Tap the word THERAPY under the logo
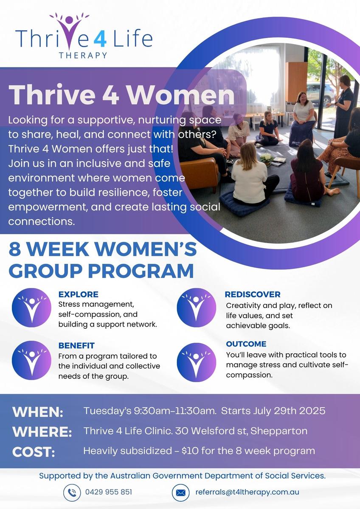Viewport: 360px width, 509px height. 83,55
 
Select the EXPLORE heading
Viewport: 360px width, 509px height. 78,294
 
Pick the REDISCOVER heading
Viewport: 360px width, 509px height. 253,294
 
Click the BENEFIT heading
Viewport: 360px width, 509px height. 76,345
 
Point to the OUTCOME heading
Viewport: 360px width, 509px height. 246,344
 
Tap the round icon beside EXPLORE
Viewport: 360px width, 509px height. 31,308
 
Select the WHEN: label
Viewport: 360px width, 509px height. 38,412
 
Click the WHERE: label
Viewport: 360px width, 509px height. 42,431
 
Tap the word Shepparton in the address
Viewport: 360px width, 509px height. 279,431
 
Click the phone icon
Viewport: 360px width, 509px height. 72,492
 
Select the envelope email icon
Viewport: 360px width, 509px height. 180,492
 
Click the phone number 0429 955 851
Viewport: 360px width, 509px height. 109,492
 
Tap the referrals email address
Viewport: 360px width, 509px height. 247,492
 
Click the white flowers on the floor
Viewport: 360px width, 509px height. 267,158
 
